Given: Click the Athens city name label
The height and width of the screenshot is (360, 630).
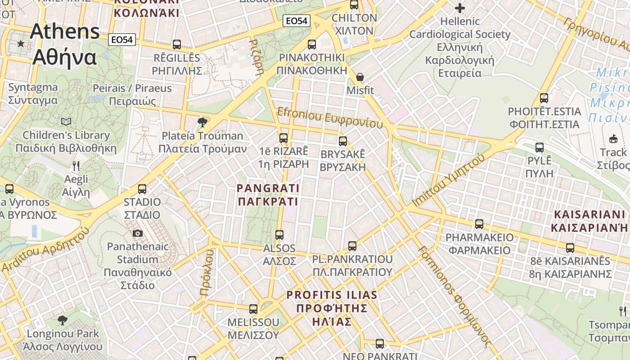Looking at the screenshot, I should [x=65, y=44].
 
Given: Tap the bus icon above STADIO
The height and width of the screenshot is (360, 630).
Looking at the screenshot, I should [x=142, y=189].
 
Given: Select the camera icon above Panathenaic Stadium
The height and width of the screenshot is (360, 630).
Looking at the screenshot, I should [x=138, y=233].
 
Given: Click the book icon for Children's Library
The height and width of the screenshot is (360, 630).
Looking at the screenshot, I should [x=66, y=121].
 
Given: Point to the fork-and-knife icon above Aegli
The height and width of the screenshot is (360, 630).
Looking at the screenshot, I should [x=76, y=166].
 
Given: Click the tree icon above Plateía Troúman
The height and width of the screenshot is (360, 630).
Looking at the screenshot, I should [x=202, y=122].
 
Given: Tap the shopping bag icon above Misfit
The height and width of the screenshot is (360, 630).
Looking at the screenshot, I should [x=360, y=77].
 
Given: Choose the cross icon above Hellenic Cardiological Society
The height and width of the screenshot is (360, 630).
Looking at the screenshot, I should [x=459, y=8].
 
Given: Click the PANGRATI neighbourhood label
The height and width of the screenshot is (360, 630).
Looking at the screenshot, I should [x=268, y=194].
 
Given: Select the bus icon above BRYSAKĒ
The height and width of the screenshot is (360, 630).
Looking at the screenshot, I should [x=343, y=141].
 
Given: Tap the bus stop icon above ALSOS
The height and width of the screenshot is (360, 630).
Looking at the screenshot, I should [x=279, y=234].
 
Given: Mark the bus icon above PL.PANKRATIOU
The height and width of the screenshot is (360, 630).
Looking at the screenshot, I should [x=352, y=246].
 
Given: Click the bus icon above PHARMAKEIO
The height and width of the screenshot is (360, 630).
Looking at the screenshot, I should [x=479, y=224].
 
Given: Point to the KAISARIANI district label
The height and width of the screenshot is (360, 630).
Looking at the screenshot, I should [x=589, y=221].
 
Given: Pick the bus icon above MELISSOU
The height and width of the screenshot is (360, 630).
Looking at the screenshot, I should [x=253, y=309].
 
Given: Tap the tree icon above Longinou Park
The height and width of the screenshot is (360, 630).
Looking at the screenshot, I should [x=63, y=320].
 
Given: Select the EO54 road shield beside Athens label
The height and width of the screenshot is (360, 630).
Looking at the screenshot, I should [x=122, y=40].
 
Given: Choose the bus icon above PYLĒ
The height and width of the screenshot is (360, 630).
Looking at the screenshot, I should [x=540, y=147].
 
